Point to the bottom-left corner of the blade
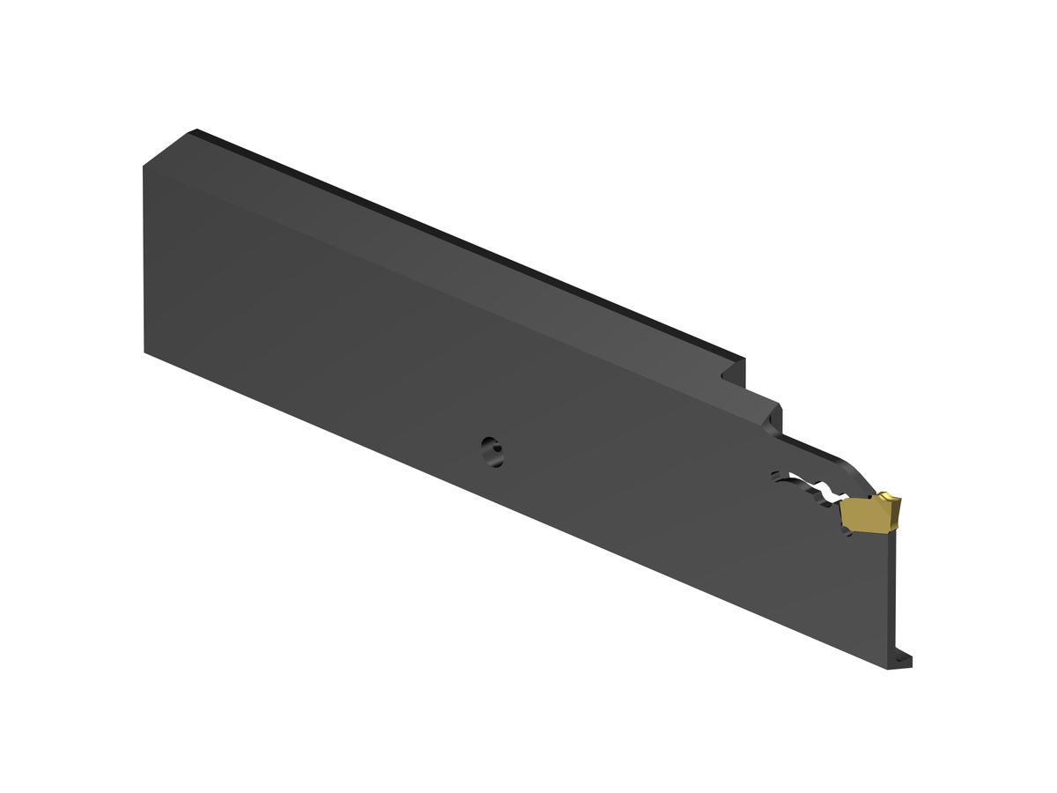coord(145,352)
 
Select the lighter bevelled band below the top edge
coord(440,273)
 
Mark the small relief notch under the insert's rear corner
coord(848,533)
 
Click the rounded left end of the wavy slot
coord(776,477)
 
